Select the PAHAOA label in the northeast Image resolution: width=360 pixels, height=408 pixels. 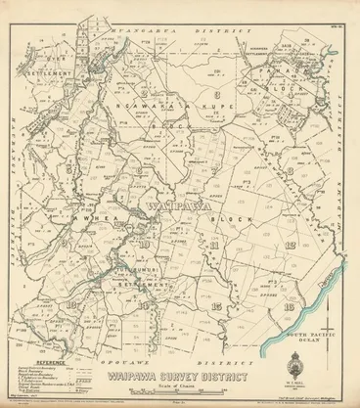(282, 70)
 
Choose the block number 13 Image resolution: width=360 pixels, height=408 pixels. (70, 306)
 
